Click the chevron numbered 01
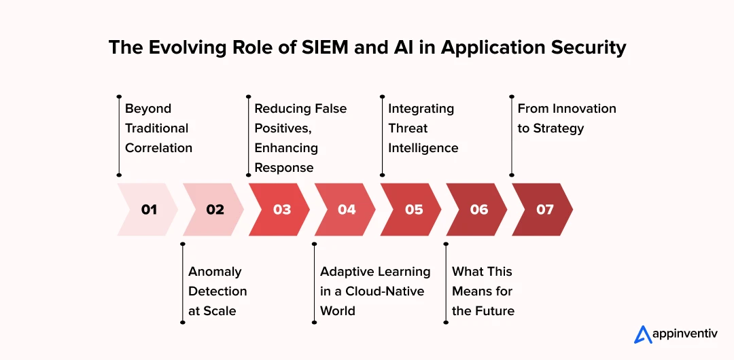(x=148, y=209)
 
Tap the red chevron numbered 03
(x=280, y=209)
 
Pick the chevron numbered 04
(x=345, y=209)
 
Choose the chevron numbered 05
(x=411, y=209)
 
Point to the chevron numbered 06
(x=477, y=209)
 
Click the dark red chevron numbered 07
(x=543, y=209)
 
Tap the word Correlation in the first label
(x=158, y=148)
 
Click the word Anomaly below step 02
(x=215, y=272)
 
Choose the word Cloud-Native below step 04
(x=385, y=291)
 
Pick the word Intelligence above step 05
(x=423, y=148)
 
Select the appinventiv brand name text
(x=684, y=335)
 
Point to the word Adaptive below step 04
(x=348, y=272)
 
